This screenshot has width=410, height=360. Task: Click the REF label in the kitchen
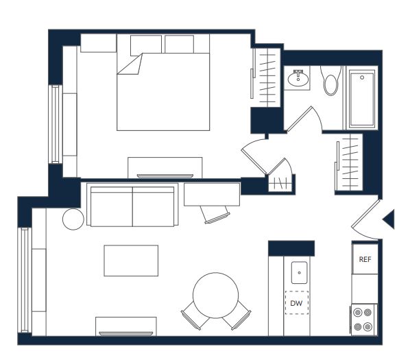[x=365, y=259]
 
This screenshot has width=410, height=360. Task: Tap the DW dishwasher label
[x=296, y=303]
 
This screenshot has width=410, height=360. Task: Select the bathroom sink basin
[x=298, y=80]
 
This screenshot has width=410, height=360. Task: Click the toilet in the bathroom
[x=330, y=80]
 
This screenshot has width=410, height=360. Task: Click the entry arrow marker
[x=389, y=219]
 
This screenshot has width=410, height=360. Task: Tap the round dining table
[x=215, y=295]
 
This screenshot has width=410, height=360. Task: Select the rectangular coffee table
[x=131, y=261]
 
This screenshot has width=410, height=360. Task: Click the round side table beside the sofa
[x=73, y=219]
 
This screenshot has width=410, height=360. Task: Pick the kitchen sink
[x=299, y=272]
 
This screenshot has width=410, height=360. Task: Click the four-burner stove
[x=363, y=320]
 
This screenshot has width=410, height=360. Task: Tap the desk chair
[x=215, y=215]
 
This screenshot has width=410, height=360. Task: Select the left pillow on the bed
[x=145, y=45]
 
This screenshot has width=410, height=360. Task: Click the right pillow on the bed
[x=180, y=44]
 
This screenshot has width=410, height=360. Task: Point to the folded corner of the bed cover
[x=130, y=64]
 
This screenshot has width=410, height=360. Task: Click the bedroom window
[x=55, y=124]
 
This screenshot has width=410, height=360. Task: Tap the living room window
[x=25, y=280]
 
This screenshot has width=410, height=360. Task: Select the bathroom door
[x=300, y=119]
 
